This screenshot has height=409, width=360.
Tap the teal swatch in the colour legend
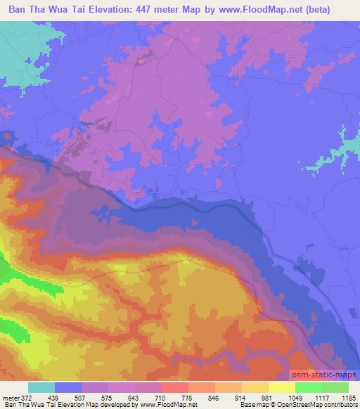click(41, 387)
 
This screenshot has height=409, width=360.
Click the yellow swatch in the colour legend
click(281, 387)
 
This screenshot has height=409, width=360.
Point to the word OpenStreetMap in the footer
click(298, 405)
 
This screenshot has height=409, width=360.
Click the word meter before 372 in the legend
click(11, 398)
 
